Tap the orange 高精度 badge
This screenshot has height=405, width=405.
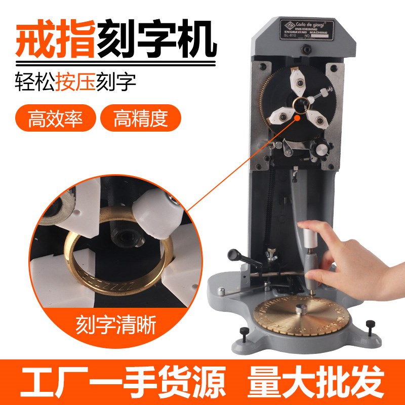[141, 119]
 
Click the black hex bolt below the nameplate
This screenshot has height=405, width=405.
[306, 49]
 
